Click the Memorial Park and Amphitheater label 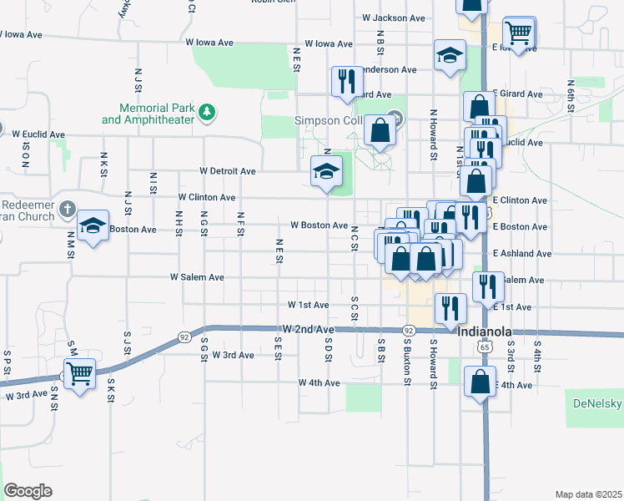pos(148,114)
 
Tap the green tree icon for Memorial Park pos(206,110)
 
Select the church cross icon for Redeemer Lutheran pos(68,208)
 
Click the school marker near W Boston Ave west pos(93,225)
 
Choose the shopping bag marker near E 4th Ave pos(480,382)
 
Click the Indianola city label pos(484,331)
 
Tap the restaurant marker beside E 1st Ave pos(449,307)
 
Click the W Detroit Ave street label pos(228,171)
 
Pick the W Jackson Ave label pos(394,18)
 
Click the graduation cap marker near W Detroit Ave pos(326,172)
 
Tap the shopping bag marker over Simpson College pos(380,131)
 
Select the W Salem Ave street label pos(198,277)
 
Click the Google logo pos(28,491)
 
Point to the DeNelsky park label pos(596,403)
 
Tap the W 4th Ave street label pos(320,383)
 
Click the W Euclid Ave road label pos(38,134)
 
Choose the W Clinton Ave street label pos(207,198)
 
